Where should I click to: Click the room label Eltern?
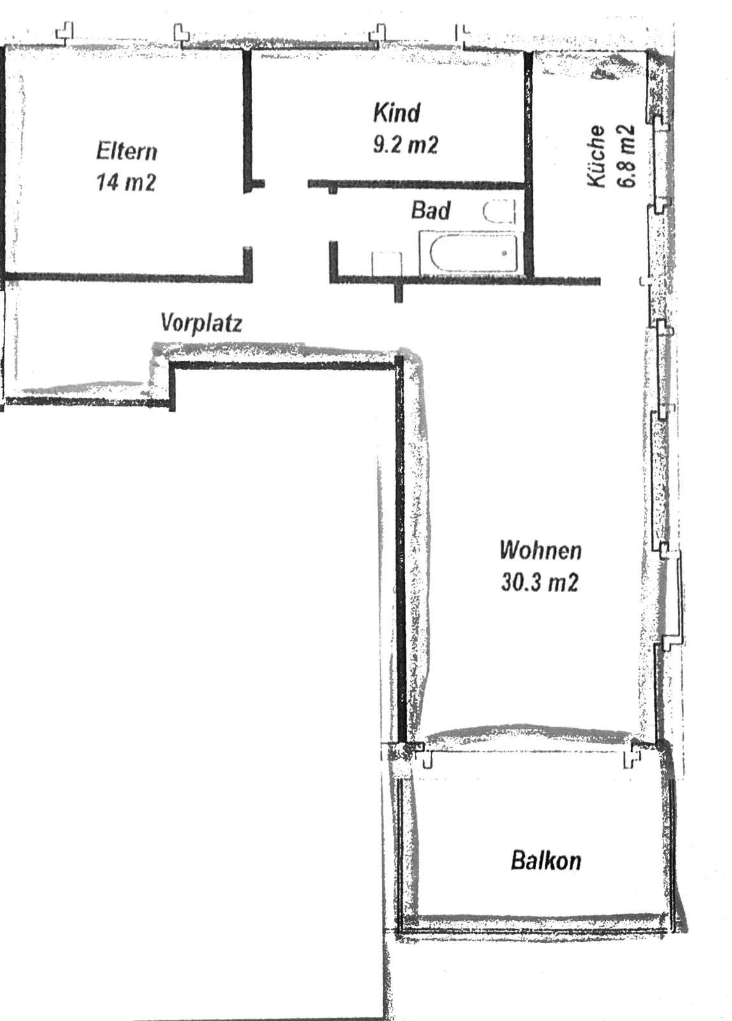click(x=126, y=151)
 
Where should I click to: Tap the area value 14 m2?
click(x=126, y=182)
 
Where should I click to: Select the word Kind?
click(x=396, y=112)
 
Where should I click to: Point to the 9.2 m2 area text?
click(x=405, y=144)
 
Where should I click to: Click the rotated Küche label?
click(x=595, y=156)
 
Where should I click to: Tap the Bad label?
click(x=431, y=210)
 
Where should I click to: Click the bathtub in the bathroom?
click(x=468, y=253)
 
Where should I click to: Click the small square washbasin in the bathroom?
click(x=387, y=263)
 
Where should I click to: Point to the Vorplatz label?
click(x=201, y=323)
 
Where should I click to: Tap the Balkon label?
click(x=546, y=860)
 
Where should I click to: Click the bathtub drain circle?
click(x=504, y=253)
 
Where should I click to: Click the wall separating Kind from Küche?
click(x=528, y=164)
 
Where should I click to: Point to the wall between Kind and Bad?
click(x=416, y=184)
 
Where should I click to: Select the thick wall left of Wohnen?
click(x=400, y=550)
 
